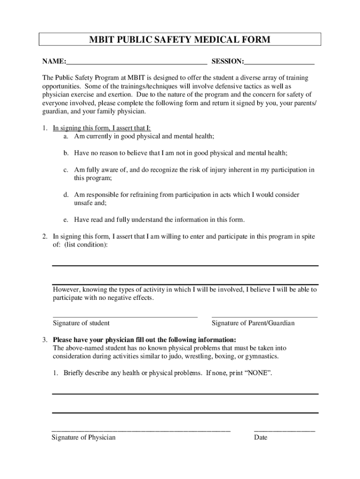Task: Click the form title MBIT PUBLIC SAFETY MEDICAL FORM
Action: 180,40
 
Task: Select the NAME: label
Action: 54,62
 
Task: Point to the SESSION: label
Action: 228,62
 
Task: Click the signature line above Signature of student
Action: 125,317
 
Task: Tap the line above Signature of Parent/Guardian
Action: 265,317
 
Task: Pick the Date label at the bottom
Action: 260,438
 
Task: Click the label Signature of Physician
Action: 83,438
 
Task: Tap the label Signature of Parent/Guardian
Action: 253,323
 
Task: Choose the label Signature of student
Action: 81,323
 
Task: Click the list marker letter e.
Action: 66,219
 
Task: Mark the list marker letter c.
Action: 66,170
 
